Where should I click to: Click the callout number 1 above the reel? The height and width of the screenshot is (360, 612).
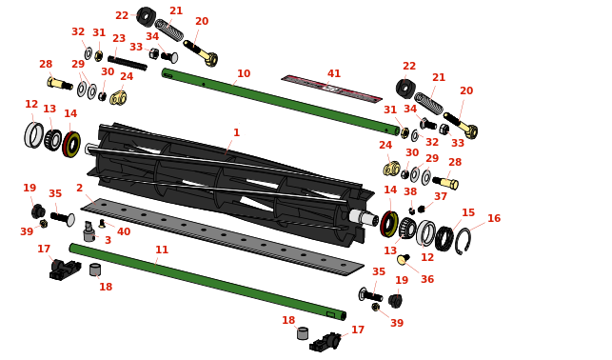point(236,132)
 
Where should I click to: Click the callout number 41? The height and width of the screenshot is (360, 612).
point(334,73)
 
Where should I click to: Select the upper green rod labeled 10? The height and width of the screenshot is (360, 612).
point(281,101)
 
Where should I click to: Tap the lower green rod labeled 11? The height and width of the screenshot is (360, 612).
point(207,281)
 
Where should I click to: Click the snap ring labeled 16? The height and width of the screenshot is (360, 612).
point(464,241)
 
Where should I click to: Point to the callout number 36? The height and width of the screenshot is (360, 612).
point(427,279)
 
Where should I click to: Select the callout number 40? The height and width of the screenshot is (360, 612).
point(124,231)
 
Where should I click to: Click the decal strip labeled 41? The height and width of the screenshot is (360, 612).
point(332,89)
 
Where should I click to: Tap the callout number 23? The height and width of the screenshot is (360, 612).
point(119,38)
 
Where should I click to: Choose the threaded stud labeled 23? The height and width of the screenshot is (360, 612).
point(128,64)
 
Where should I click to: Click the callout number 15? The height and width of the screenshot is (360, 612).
point(468,212)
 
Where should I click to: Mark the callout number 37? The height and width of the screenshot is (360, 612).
point(441,196)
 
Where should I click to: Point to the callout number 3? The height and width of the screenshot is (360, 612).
point(109,240)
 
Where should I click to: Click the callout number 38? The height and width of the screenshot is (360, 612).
point(410,191)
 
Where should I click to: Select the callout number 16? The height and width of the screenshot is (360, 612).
point(494,218)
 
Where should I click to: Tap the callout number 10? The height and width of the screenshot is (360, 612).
point(244,73)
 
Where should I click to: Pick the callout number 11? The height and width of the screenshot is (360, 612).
point(162,250)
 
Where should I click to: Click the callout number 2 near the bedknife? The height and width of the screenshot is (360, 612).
point(80,188)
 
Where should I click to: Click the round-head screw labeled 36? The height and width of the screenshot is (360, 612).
point(404,259)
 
